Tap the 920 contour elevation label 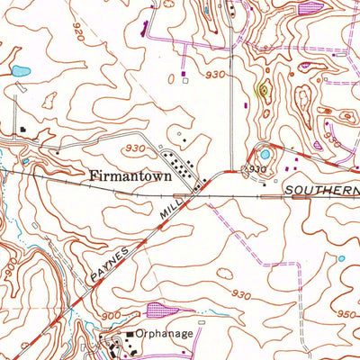coord(85,39)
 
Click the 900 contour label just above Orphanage coord(111,315)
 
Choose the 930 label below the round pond coord(258,168)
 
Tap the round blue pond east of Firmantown coord(264,154)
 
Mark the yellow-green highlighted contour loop coord(262,90)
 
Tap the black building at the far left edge coord(20,130)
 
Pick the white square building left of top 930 coord(184,79)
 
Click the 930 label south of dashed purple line coord(239,293)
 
